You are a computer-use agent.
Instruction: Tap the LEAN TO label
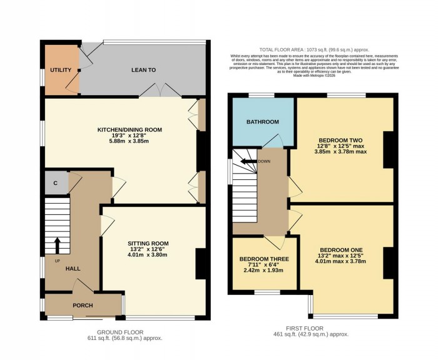pyautogui.click(x=143, y=70)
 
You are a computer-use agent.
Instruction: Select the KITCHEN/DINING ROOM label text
pyautogui.click(x=130, y=130)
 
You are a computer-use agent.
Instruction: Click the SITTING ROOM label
pyautogui.click(x=148, y=243)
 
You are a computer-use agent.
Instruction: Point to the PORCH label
pyautogui.click(x=83, y=305)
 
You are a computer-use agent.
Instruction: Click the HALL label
pyautogui.click(x=73, y=269)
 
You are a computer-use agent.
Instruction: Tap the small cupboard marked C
pyautogui.click(x=56, y=183)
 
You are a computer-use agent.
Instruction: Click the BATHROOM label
pyautogui.click(x=262, y=122)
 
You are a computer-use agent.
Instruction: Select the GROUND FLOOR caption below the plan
pyautogui.click(x=121, y=332)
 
